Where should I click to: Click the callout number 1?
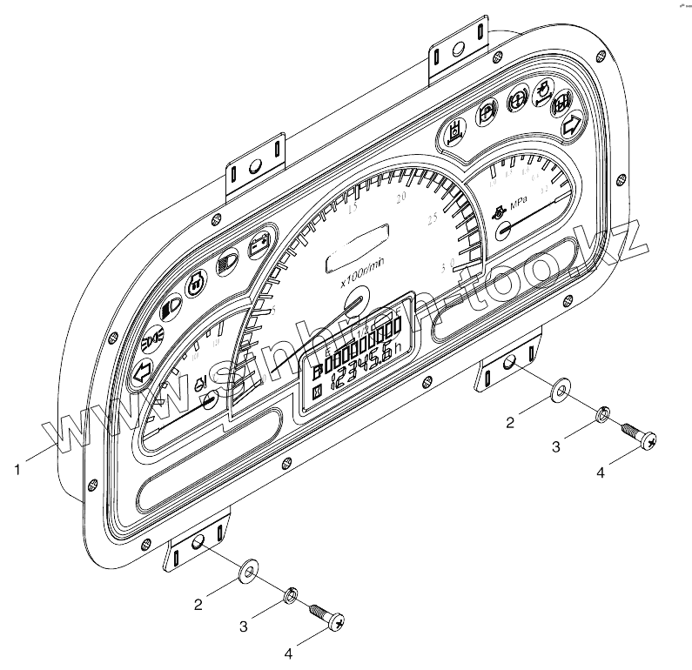point(18,471)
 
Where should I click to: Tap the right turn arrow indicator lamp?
point(572,124)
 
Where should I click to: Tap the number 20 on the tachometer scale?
point(402,199)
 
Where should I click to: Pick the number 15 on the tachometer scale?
point(353,209)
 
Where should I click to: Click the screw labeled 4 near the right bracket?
point(638,436)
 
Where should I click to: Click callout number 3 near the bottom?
point(245,625)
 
